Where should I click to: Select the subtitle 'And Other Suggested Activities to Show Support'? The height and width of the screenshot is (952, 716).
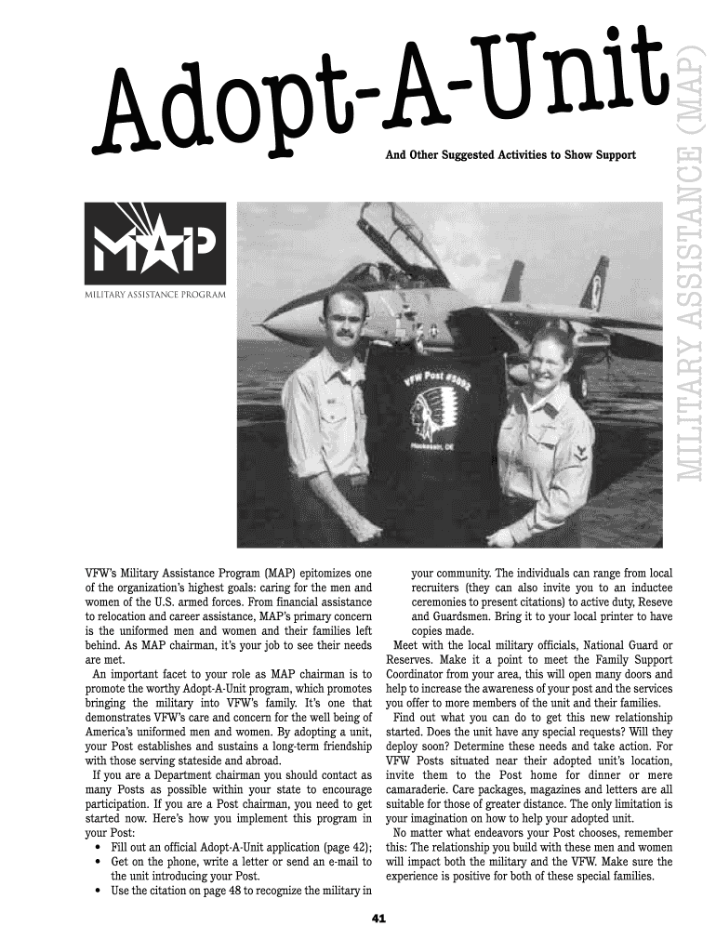click(x=510, y=154)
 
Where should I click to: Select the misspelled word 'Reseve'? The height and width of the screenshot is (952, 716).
click(x=654, y=602)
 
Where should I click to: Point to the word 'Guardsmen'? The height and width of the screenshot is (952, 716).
click(x=441, y=616)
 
